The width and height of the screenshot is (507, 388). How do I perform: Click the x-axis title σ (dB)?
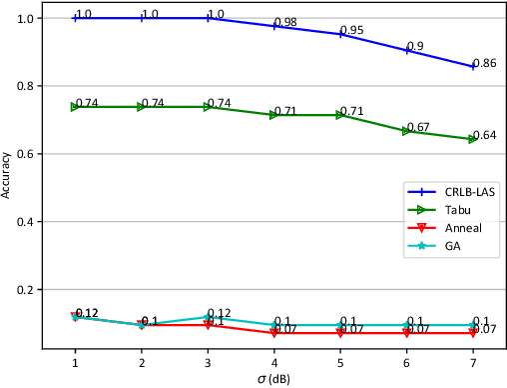click(273, 378)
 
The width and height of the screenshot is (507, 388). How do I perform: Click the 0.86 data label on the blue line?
click(484, 62)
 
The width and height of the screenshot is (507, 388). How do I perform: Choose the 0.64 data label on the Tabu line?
click(484, 135)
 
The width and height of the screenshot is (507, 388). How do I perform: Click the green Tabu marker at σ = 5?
click(340, 115)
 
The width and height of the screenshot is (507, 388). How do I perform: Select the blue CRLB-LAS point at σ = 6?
click(406, 50)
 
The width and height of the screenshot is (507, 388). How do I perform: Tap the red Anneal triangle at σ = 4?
click(274, 333)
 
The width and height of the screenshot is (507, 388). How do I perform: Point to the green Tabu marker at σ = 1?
click(76, 106)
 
